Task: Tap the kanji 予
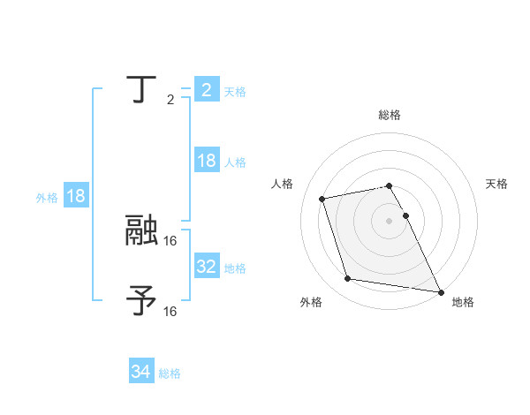click(x=142, y=299)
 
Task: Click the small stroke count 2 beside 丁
click(x=170, y=100)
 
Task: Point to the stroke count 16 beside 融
click(x=170, y=239)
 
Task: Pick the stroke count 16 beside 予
click(x=170, y=311)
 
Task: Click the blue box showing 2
click(x=206, y=89)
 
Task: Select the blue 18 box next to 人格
click(x=206, y=161)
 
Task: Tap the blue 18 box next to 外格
click(x=76, y=196)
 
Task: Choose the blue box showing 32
click(x=206, y=267)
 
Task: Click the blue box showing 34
click(x=141, y=372)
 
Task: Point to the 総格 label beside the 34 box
click(x=170, y=373)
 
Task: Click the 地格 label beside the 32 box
click(x=235, y=268)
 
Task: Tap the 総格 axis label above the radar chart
click(x=390, y=115)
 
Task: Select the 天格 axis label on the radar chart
click(x=496, y=184)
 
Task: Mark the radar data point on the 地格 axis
click(x=440, y=290)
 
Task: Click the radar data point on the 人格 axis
click(x=322, y=198)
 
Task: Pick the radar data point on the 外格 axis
click(x=348, y=279)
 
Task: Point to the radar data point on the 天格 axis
click(x=405, y=215)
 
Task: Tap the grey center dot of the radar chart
click(x=390, y=220)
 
